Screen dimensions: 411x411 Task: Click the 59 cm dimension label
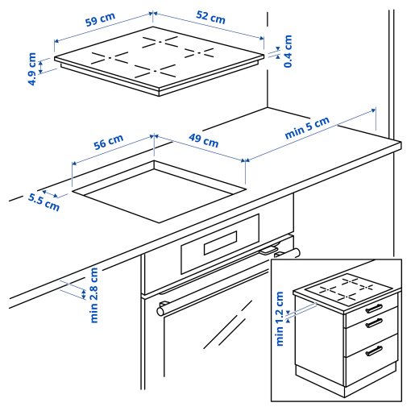101,19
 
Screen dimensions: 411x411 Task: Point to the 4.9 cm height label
31,69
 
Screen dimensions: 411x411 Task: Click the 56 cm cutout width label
108,143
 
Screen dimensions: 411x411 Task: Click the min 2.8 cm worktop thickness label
93,295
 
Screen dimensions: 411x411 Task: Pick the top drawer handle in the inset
374,308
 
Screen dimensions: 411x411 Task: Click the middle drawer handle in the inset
374,323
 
